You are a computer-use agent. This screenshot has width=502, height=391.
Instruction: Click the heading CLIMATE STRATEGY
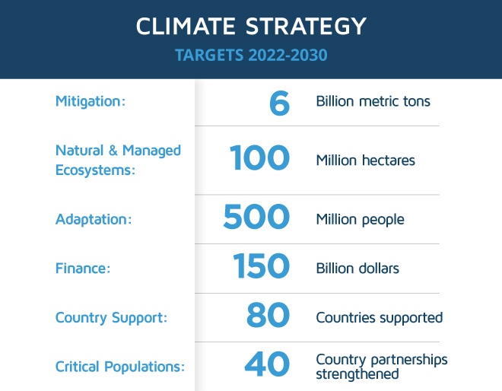251,26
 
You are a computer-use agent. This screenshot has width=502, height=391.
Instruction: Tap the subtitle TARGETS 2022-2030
251,55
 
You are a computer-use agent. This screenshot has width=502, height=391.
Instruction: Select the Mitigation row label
91,101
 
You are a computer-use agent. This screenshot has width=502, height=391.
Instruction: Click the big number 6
279,103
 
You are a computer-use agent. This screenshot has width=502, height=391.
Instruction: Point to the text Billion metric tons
373,101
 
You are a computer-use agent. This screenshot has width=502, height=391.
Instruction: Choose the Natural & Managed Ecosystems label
118,160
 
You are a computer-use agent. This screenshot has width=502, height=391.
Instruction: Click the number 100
259,157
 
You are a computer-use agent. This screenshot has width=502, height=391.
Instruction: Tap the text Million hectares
365,160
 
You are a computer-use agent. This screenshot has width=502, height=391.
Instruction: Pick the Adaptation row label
94,220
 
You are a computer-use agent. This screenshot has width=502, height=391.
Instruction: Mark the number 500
256,217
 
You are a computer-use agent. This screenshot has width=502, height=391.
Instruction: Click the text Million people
361,220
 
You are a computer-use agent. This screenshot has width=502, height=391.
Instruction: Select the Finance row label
83,269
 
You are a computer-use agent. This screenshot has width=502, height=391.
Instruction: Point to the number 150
261,265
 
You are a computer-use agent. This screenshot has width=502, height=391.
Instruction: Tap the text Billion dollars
357,269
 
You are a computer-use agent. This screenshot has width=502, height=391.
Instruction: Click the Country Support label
111,318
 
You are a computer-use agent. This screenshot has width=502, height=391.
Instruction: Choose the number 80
268,315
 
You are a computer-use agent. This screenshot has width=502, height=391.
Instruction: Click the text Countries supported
380,318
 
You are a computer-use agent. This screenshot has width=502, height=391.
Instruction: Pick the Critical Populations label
120,367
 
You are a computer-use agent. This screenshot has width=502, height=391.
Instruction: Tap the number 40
267,364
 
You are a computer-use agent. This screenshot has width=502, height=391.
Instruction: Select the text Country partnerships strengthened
382,367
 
